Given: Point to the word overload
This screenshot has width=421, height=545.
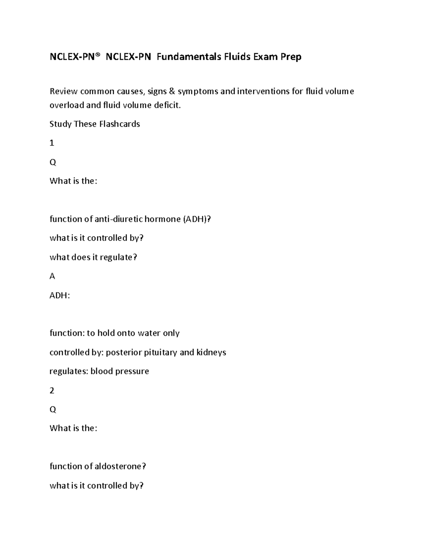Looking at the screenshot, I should point(67,105).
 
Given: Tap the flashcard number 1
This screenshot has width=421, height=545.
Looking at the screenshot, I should point(52,143).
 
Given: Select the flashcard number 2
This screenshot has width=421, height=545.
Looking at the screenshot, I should point(52,391).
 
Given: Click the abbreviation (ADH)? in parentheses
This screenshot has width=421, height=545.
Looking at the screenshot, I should point(196,219).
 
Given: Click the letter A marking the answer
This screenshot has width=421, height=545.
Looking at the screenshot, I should point(52,276).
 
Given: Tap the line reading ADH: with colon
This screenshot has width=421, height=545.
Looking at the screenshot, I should point(60,295).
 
